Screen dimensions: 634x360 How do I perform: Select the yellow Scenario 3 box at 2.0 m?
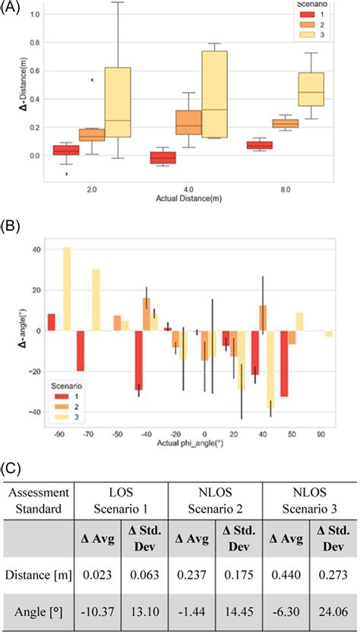point(117,102)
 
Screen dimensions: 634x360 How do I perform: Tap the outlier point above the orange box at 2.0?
point(93,79)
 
